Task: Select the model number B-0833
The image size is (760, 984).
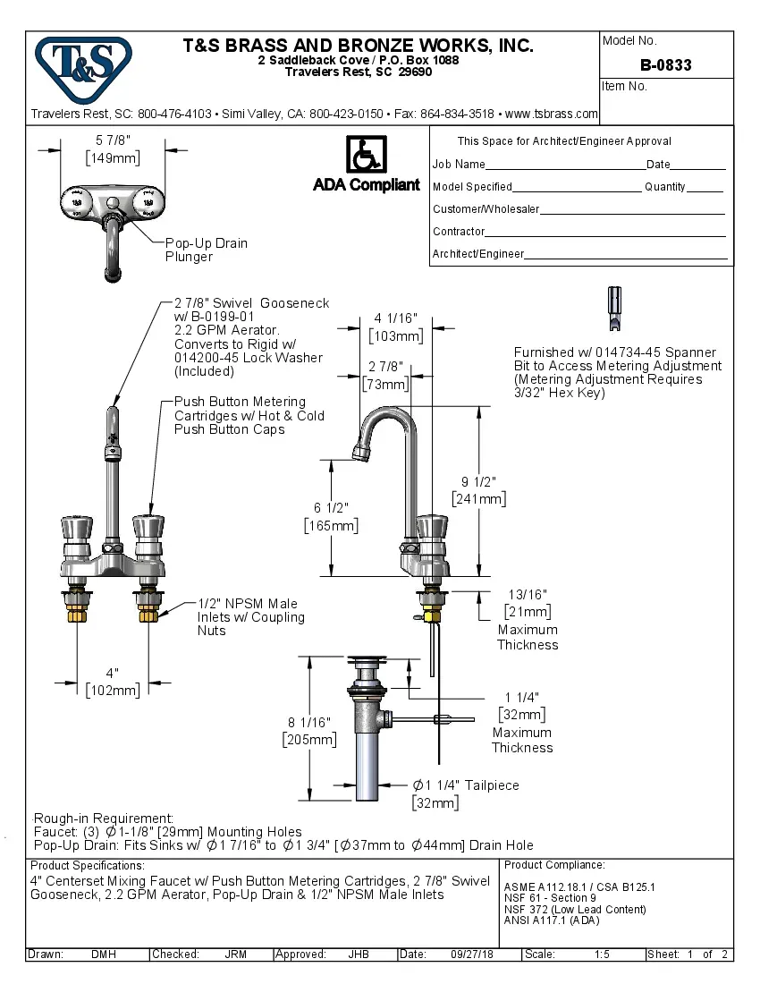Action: pyautogui.click(x=666, y=65)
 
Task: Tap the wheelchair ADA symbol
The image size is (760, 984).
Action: pyautogui.click(x=366, y=155)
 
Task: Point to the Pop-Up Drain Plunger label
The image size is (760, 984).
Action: pyautogui.click(x=206, y=250)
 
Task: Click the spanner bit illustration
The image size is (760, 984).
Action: pyautogui.click(x=614, y=310)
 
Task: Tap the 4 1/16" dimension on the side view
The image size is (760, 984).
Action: pyautogui.click(x=395, y=318)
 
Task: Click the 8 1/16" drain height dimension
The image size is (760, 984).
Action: pyautogui.click(x=308, y=722)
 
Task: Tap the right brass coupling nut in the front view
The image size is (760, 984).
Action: pyautogui.click(x=148, y=615)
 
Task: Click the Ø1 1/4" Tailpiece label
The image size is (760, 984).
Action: pyautogui.click(x=465, y=785)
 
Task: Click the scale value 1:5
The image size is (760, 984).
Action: pyautogui.click(x=602, y=954)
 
